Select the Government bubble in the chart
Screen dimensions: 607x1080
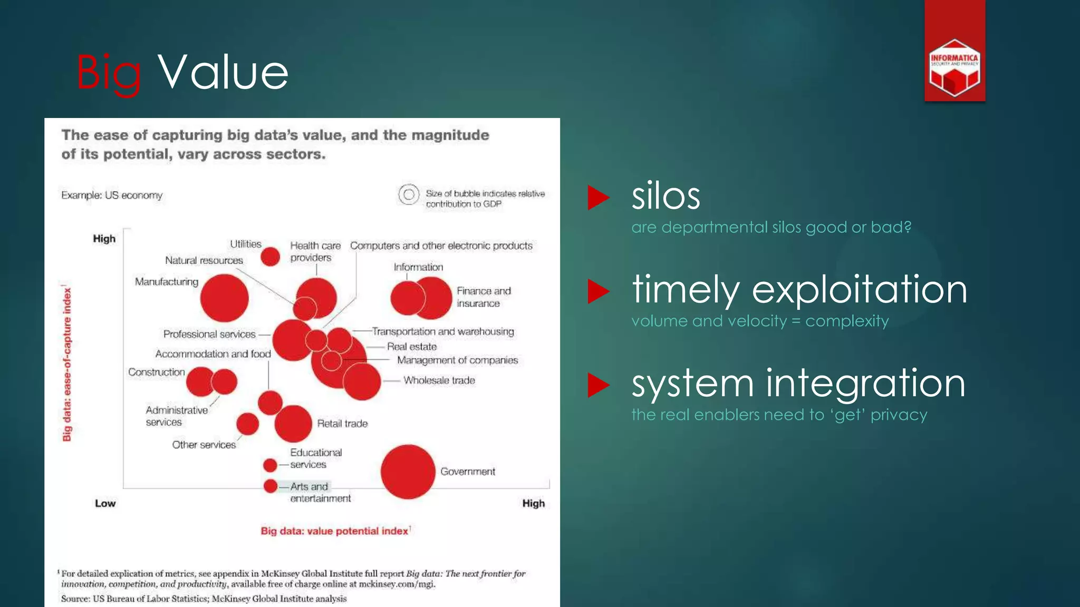pyautogui.click(x=408, y=472)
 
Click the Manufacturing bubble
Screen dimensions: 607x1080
pyautogui.click(x=224, y=298)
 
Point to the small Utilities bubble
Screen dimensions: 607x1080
pyautogui.click(x=270, y=257)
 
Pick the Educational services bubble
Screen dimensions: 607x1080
pyautogui.click(x=270, y=465)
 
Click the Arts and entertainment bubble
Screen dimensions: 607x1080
pyautogui.click(x=271, y=486)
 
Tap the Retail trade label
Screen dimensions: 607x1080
pyautogui.click(x=342, y=424)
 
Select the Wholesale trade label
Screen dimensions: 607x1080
pyautogui.click(x=439, y=380)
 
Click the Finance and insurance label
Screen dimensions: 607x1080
pyautogui.click(x=484, y=297)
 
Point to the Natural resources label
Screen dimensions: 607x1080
pyautogui.click(x=204, y=260)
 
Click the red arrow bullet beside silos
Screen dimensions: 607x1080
pyautogui.click(x=599, y=198)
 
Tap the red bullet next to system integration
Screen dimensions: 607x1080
pyautogui.click(x=599, y=385)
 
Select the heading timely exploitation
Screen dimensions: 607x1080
pyautogui.click(x=799, y=290)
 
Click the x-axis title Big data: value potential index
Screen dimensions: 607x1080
pyautogui.click(x=334, y=531)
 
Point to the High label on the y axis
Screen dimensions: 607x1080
pyautogui.click(x=104, y=239)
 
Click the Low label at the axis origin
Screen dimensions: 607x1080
pyautogui.click(x=105, y=503)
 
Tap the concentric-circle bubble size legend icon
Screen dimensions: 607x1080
pyautogui.click(x=409, y=195)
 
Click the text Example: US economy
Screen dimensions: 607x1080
pyautogui.click(x=112, y=195)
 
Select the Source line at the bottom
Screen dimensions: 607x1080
pyautogui.click(x=204, y=599)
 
